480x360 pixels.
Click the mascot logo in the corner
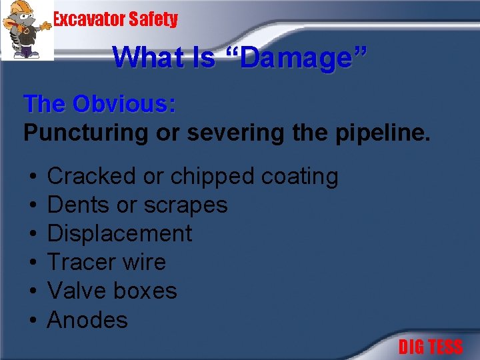[x=27, y=30]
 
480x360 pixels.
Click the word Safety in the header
[x=154, y=19]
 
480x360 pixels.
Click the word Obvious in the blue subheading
[x=125, y=104]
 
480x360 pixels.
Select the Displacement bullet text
[x=120, y=234]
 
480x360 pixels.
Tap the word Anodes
[x=87, y=320]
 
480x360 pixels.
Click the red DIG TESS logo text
[x=430, y=347]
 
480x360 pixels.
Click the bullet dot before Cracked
[x=33, y=177]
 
